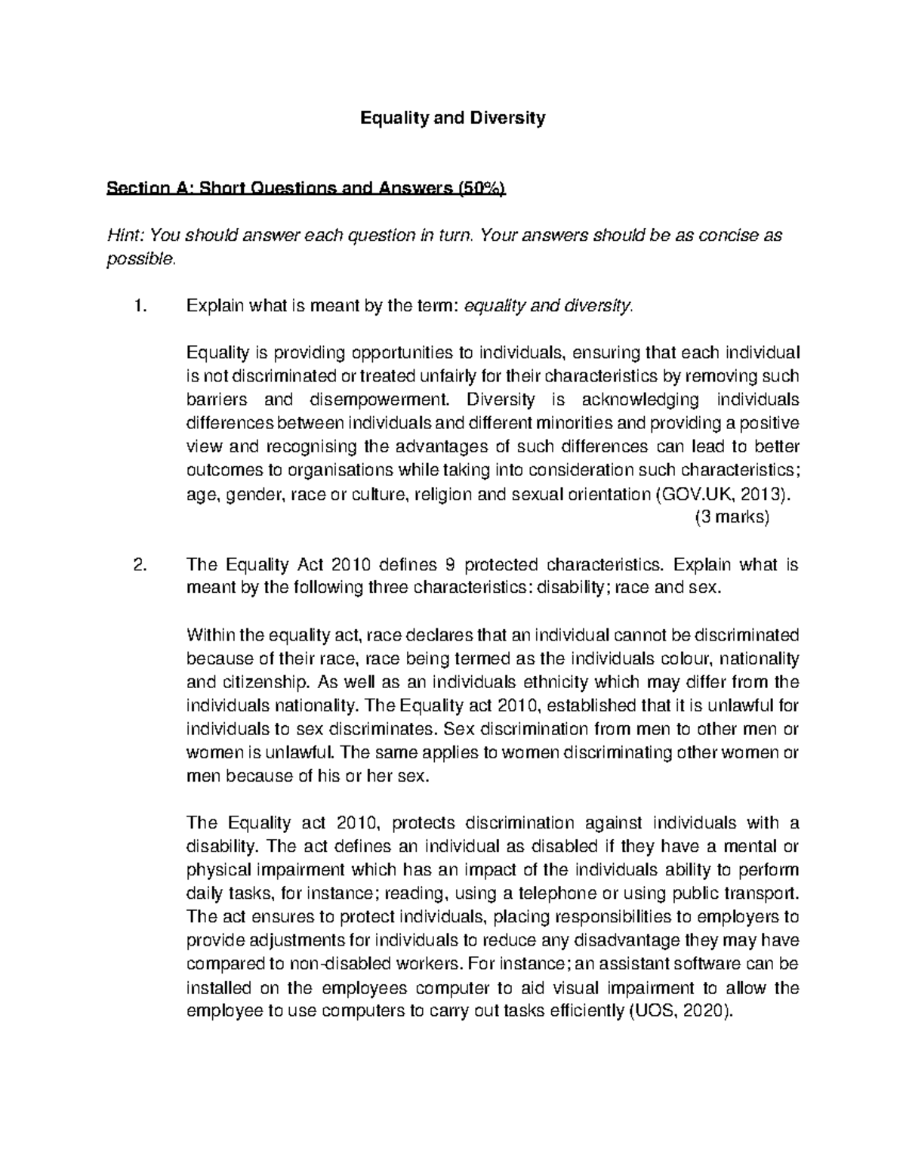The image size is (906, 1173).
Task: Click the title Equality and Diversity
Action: click(x=452, y=118)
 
